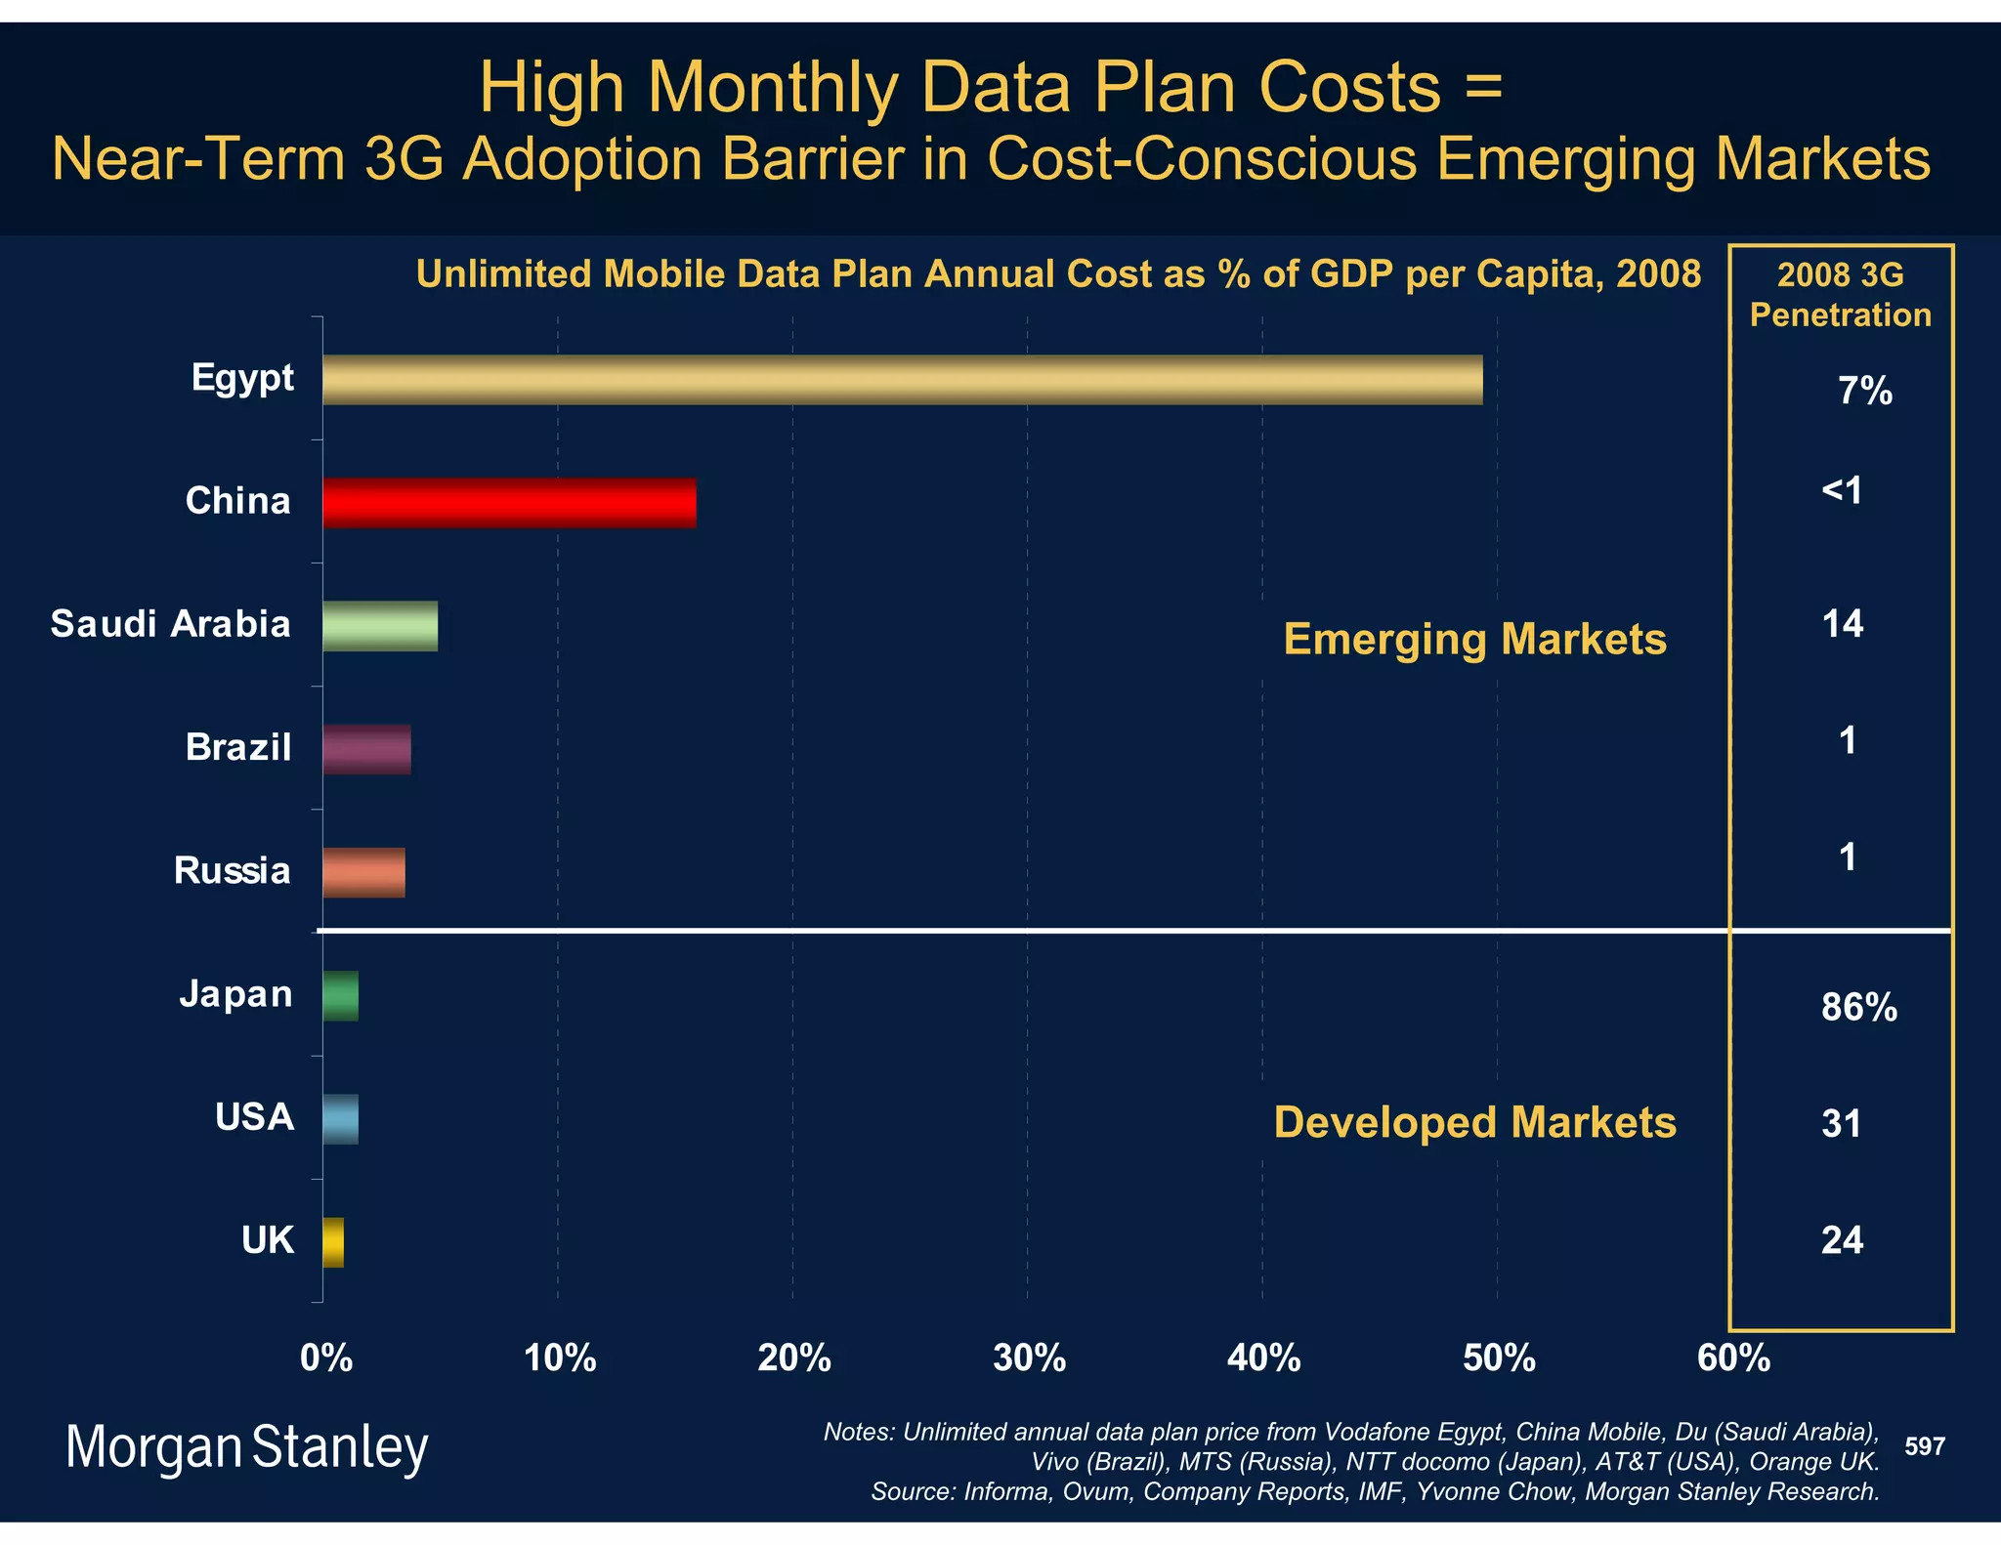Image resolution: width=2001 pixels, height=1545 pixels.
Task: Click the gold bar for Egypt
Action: pyautogui.click(x=902, y=380)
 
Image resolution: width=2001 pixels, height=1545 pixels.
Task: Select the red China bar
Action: pyautogui.click(x=509, y=503)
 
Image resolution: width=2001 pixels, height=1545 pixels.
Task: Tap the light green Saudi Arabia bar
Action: pyautogui.click(x=380, y=626)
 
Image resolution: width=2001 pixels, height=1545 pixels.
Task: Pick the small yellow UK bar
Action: pyautogui.click(x=333, y=1242)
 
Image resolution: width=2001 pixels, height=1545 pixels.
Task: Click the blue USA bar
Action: pyautogui.click(x=340, y=1119)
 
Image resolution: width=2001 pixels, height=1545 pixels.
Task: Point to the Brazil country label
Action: pyautogui.click(x=238, y=747)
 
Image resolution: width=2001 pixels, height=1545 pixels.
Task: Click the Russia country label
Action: pyautogui.click(x=233, y=870)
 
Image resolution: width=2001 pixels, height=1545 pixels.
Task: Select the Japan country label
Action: pyautogui.click(x=236, y=994)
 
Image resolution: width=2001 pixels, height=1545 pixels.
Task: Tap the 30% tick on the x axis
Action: pyautogui.click(x=1029, y=1358)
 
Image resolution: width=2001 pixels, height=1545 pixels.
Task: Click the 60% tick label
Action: pyautogui.click(x=1733, y=1358)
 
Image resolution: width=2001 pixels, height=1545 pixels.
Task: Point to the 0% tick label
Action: pyautogui.click(x=326, y=1358)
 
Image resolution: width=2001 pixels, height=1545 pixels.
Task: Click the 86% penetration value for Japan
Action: pyautogui.click(x=1858, y=1007)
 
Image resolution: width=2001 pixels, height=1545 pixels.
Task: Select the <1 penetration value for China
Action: pyautogui.click(x=1843, y=490)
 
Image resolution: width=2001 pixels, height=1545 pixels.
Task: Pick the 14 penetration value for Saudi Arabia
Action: pyautogui.click(x=1843, y=624)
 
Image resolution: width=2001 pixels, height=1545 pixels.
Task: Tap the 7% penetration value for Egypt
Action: pyautogui.click(x=1864, y=392)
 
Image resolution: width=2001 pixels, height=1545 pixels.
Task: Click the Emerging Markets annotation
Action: pyautogui.click(x=1474, y=640)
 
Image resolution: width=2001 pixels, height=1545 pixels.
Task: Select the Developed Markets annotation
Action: pyautogui.click(x=1474, y=1122)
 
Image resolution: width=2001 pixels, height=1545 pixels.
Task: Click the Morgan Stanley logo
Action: pyautogui.click(x=246, y=1447)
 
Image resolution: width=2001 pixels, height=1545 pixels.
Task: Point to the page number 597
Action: pyautogui.click(x=1925, y=1446)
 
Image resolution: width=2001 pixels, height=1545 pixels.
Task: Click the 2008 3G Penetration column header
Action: pyautogui.click(x=1840, y=295)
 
